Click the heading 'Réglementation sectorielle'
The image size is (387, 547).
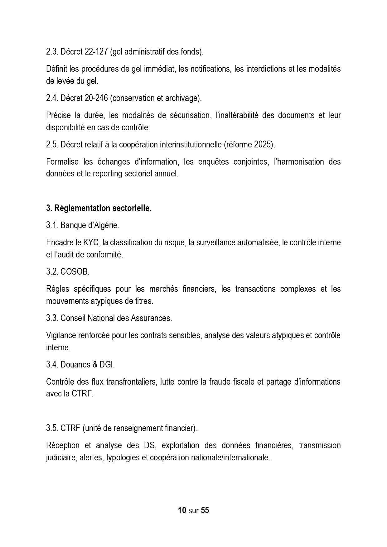103,208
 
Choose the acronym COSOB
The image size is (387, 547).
75,272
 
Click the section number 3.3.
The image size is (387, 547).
52,318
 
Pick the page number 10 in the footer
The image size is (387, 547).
182,510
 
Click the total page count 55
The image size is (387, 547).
205,510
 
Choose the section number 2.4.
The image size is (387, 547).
52,98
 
